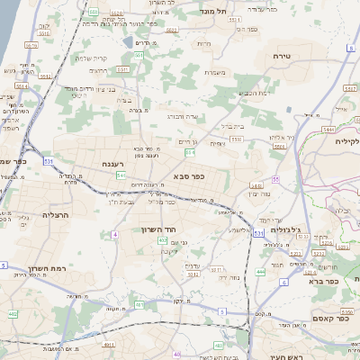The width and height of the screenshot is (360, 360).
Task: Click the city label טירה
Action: pos(281,56)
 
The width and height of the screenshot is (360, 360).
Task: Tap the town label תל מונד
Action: pos(216,13)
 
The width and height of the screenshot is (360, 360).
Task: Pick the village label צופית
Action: pos(217,143)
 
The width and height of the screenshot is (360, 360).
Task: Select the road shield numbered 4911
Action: pos(109,344)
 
